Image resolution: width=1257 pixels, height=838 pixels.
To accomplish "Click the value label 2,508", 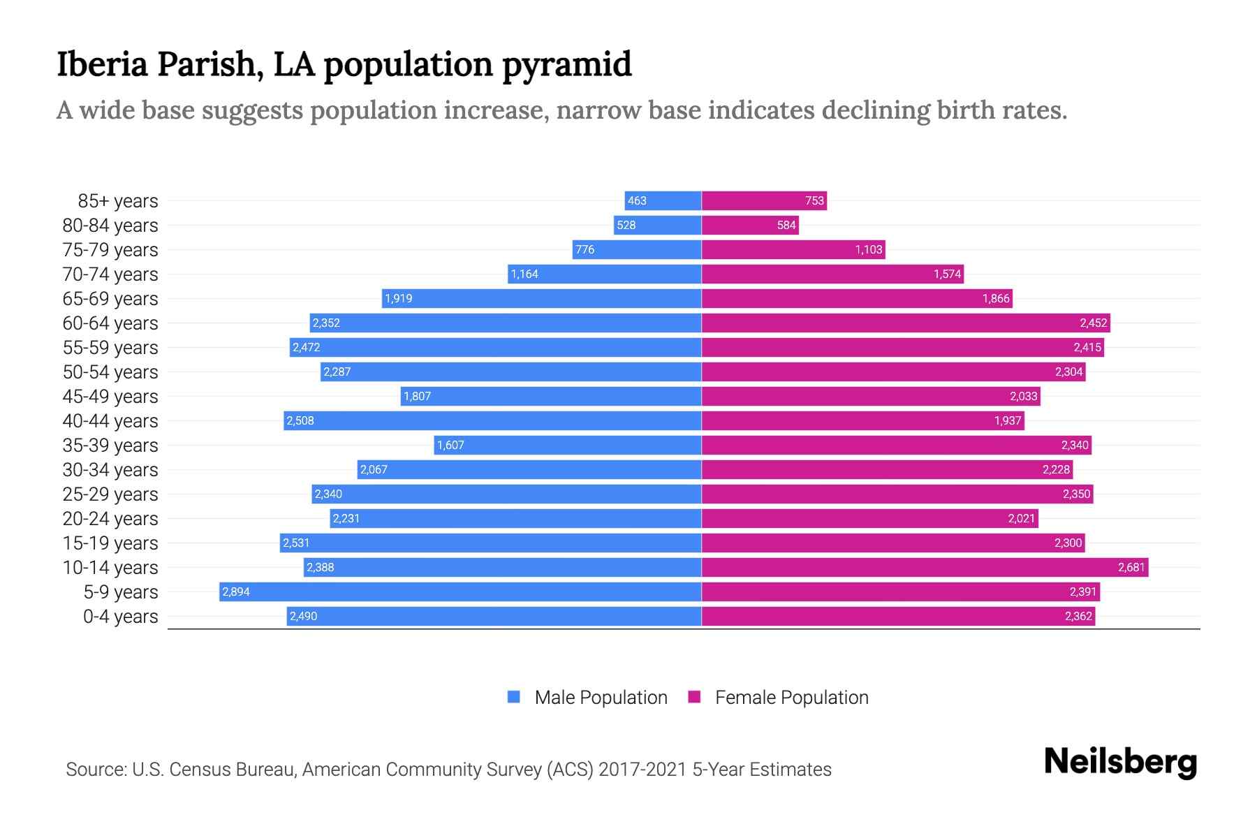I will coord(300,420).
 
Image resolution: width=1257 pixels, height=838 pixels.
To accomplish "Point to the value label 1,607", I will coord(450,445).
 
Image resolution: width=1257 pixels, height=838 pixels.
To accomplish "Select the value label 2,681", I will coord(1131,567).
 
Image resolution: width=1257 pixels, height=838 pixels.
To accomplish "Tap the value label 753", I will coord(814,200).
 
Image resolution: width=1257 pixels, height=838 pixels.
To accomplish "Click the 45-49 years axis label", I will coord(110,396).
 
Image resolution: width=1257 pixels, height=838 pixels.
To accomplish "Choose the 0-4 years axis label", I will coord(120,616).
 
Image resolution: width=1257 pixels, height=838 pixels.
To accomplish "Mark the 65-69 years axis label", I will coord(110,298).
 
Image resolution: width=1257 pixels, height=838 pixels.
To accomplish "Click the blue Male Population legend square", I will coord(514,697).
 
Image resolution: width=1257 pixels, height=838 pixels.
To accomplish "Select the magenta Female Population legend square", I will coord(694,697).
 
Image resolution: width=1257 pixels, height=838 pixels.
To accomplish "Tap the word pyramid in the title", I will coord(566,64).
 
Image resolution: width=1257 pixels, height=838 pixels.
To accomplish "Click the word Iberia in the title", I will coord(102,64).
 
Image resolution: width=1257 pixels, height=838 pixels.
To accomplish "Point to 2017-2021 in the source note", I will coord(642,769).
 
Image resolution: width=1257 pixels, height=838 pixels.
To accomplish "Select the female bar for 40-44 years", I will coord(862,420).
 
